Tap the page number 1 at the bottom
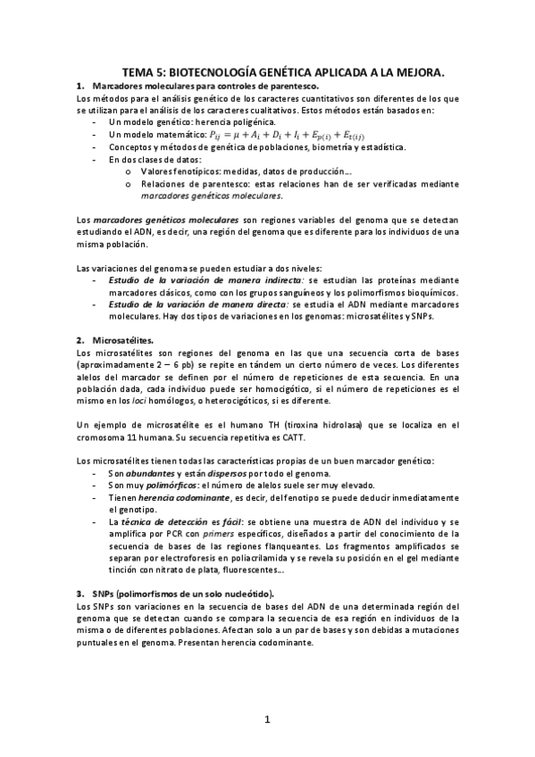coord(267,720)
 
